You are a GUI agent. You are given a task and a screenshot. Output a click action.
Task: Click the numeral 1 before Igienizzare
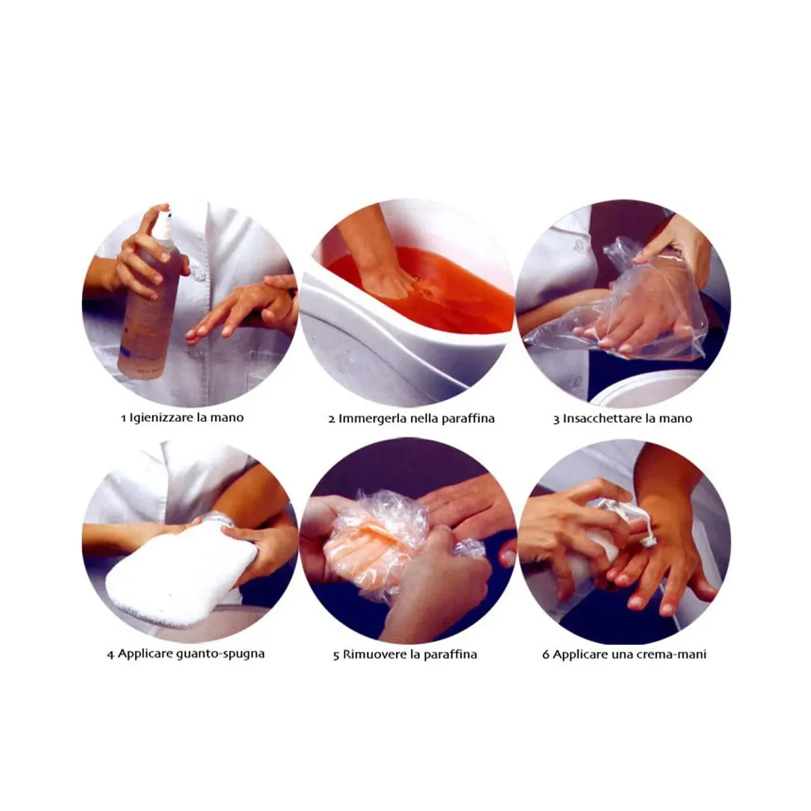123,418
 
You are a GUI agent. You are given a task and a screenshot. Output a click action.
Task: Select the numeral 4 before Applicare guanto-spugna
111,655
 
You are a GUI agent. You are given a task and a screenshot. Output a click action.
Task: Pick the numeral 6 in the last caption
546,654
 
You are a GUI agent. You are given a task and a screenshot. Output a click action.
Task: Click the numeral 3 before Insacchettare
556,419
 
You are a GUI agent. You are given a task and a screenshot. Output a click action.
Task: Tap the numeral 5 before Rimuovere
337,656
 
